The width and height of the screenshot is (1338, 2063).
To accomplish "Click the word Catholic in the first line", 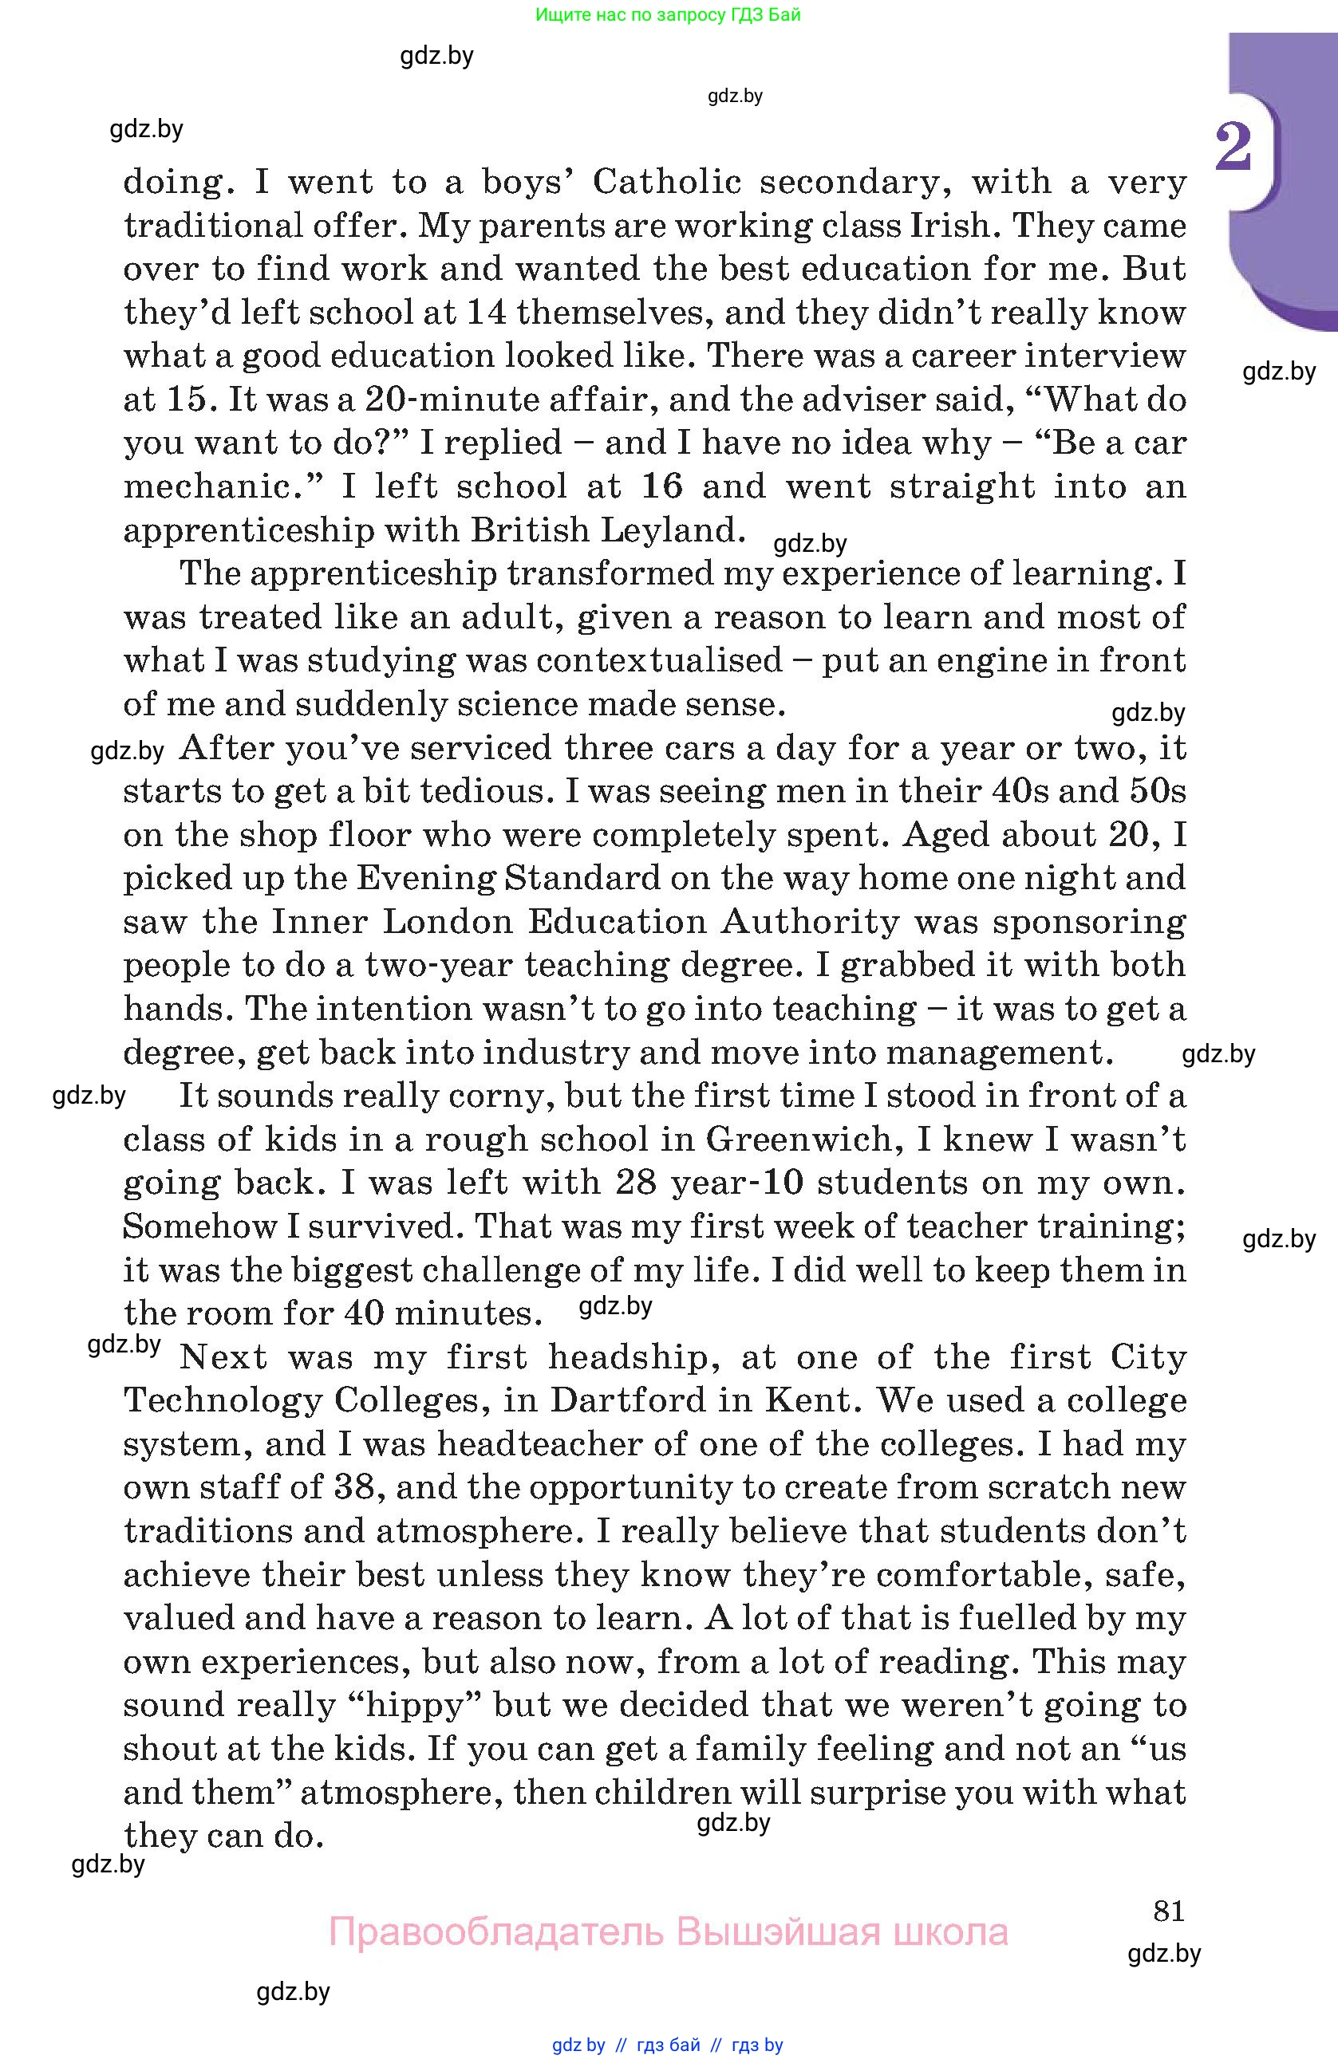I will [667, 182].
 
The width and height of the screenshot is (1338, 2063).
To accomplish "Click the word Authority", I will [810, 921].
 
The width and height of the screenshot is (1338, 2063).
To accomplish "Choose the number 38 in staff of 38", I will [353, 1487].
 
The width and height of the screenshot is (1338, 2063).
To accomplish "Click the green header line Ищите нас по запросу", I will [668, 14].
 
